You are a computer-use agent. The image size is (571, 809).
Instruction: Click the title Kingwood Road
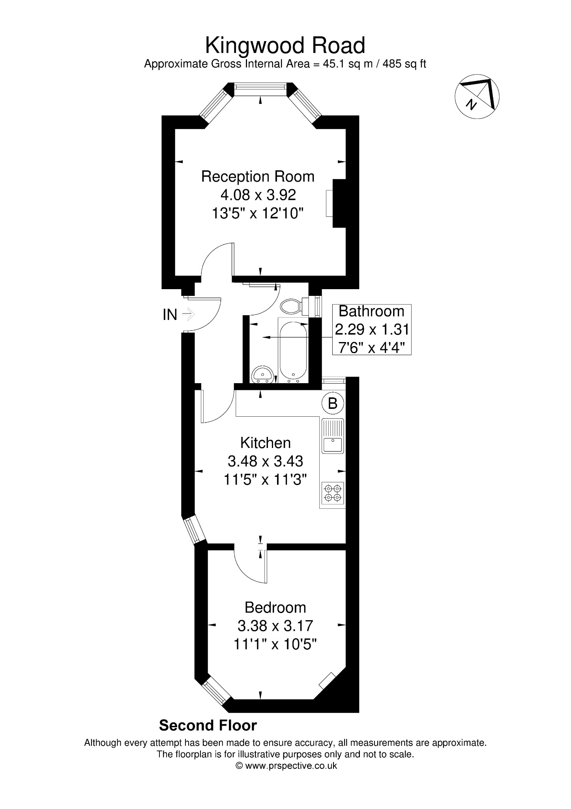point(285,46)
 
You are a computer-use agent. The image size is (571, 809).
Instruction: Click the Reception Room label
point(258,177)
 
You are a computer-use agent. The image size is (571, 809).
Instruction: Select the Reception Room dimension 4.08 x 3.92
point(258,195)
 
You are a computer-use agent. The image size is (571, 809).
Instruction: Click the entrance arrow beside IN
point(189,314)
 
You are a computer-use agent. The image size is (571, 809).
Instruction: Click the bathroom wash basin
point(262,374)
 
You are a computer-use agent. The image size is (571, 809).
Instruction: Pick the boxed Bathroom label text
point(372,311)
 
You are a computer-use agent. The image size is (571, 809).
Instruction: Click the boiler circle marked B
point(333,403)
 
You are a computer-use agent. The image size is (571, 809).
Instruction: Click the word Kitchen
point(265,443)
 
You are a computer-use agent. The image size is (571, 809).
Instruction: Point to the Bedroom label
point(275,607)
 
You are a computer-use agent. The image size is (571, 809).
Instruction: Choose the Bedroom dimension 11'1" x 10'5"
point(275,645)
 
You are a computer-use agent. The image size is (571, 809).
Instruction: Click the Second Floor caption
point(208,725)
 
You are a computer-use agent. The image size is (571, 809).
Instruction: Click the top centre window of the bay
point(260,89)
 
